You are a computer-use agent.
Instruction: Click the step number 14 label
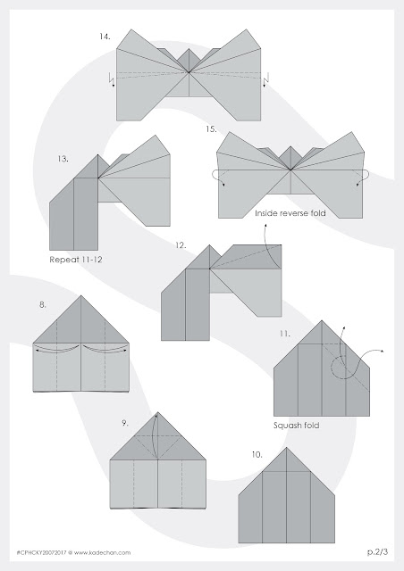click(105, 37)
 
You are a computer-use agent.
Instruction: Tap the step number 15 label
click(211, 129)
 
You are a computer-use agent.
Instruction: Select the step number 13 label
click(63, 159)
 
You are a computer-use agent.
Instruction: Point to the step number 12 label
click(181, 245)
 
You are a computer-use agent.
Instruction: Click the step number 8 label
click(43, 305)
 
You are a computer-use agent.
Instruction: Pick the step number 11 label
click(285, 334)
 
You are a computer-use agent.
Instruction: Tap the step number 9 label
click(125, 423)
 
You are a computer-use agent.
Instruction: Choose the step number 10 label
click(257, 454)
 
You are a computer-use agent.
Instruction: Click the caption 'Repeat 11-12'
click(76, 260)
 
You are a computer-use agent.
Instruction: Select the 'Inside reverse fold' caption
click(290, 213)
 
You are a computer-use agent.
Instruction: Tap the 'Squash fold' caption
click(297, 426)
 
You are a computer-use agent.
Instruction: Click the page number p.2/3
click(378, 552)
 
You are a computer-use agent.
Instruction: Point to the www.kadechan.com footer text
click(102, 553)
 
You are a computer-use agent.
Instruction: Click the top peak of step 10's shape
click(287, 448)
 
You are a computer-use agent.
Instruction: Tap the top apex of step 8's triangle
click(80, 295)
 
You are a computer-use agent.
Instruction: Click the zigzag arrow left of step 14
click(112, 79)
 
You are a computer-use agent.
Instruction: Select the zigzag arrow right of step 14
click(266, 79)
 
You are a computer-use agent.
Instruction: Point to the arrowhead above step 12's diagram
click(265, 226)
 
